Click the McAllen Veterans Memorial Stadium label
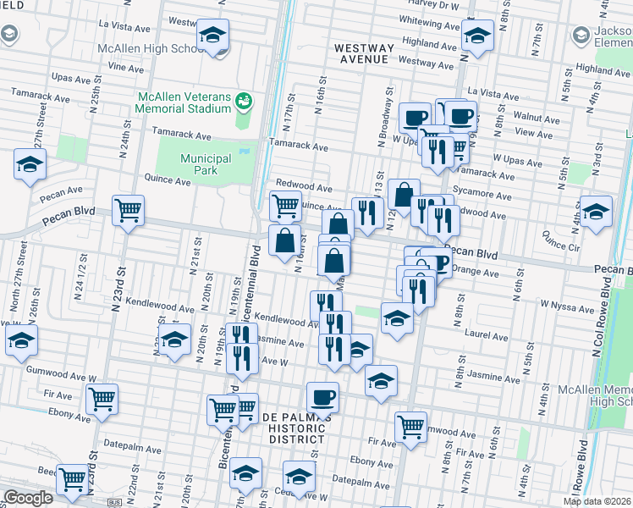coord(184,102)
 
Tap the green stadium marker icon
coord(245,102)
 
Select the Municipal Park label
coord(206,164)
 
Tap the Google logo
coord(28,498)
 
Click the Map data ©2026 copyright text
coord(597,501)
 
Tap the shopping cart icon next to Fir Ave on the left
coord(102,398)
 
